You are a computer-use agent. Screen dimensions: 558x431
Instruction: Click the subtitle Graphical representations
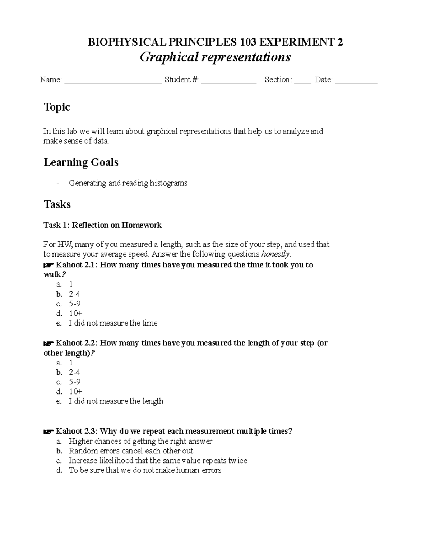pyautogui.click(x=215, y=57)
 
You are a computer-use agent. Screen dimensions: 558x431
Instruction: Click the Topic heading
pyautogui.click(x=57, y=107)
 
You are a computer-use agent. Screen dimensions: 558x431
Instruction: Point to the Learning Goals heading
pyautogui.click(x=81, y=162)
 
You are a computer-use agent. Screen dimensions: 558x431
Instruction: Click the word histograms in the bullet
pyautogui.click(x=168, y=183)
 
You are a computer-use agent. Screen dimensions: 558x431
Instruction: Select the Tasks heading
pyautogui.click(x=57, y=204)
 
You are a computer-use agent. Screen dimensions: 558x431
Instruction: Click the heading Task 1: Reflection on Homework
pyautogui.click(x=102, y=225)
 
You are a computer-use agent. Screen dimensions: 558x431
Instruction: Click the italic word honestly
pyautogui.click(x=275, y=254)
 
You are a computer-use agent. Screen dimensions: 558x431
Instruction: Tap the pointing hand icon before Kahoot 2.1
pyautogui.click(x=48, y=265)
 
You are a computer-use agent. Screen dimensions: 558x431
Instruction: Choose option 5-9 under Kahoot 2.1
pyautogui.click(x=75, y=304)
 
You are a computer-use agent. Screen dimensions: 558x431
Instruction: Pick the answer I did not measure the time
pyautogui.click(x=113, y=323)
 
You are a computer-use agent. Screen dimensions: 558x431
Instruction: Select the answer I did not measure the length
pyautogui.click(x=116, y=401)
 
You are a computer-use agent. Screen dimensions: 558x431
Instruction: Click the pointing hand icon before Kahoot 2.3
pyautogui.click(x=48, y=432)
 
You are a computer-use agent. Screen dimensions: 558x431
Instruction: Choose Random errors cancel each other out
pyautogui.click(x=131, y=451)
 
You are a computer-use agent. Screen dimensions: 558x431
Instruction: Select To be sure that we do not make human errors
pyautogui.click(x=145, y=470)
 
